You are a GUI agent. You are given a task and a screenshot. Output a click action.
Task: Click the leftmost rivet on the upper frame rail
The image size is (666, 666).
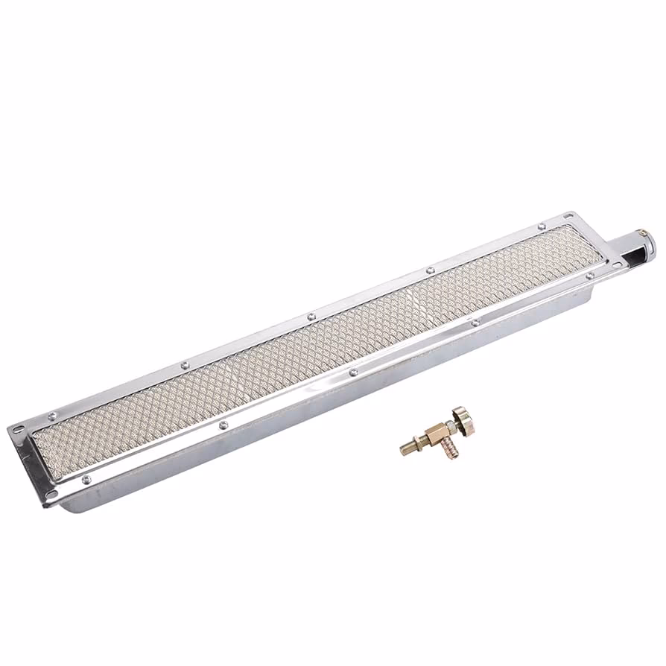[x=52, y=416]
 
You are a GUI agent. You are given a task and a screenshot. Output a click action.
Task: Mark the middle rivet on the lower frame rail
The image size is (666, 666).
[x=353, y=372]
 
